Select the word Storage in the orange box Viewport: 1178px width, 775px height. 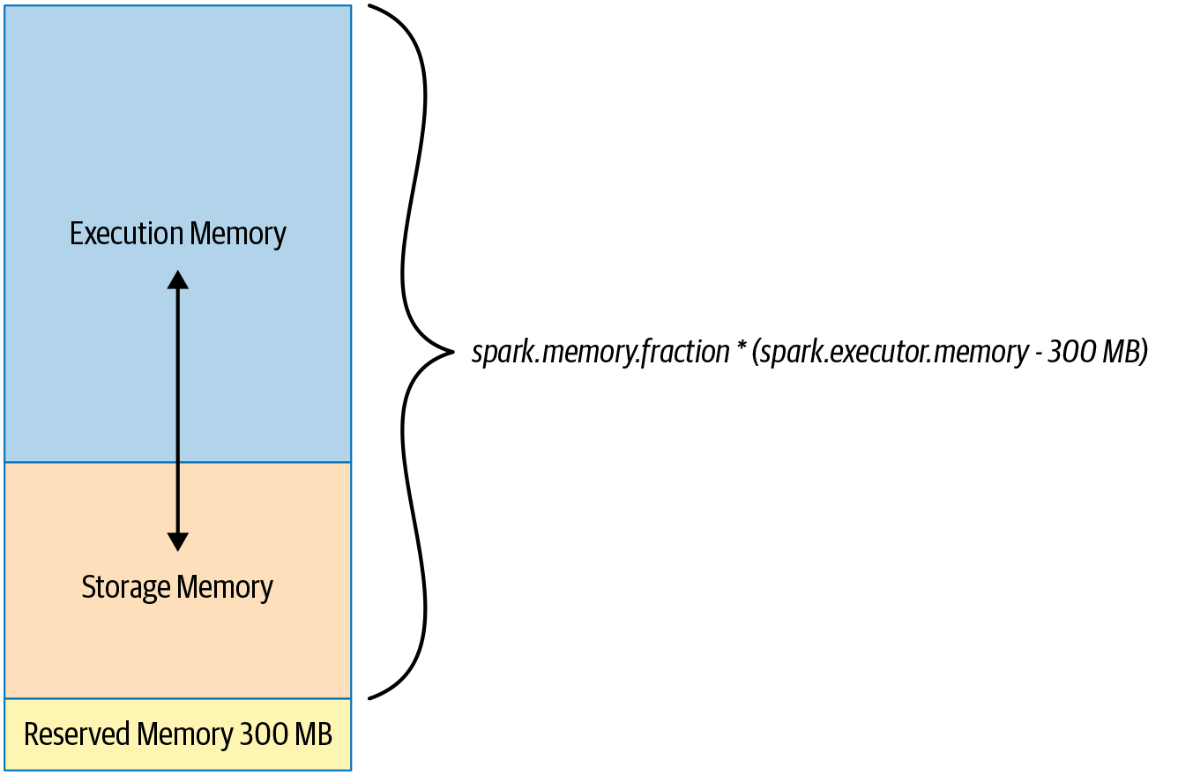(125, 588)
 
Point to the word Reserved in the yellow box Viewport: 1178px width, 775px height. (78, 734)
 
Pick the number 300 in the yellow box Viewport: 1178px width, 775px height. (261, 734)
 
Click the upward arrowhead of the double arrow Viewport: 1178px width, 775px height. (178, 279)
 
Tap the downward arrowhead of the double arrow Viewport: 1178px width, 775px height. (178, 541)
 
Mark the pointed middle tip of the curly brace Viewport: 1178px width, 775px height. (451, 353)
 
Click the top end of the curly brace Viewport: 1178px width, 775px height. (370, 6)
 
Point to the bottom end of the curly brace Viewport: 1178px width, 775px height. (370, 698)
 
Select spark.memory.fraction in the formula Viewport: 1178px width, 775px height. (600, 353)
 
